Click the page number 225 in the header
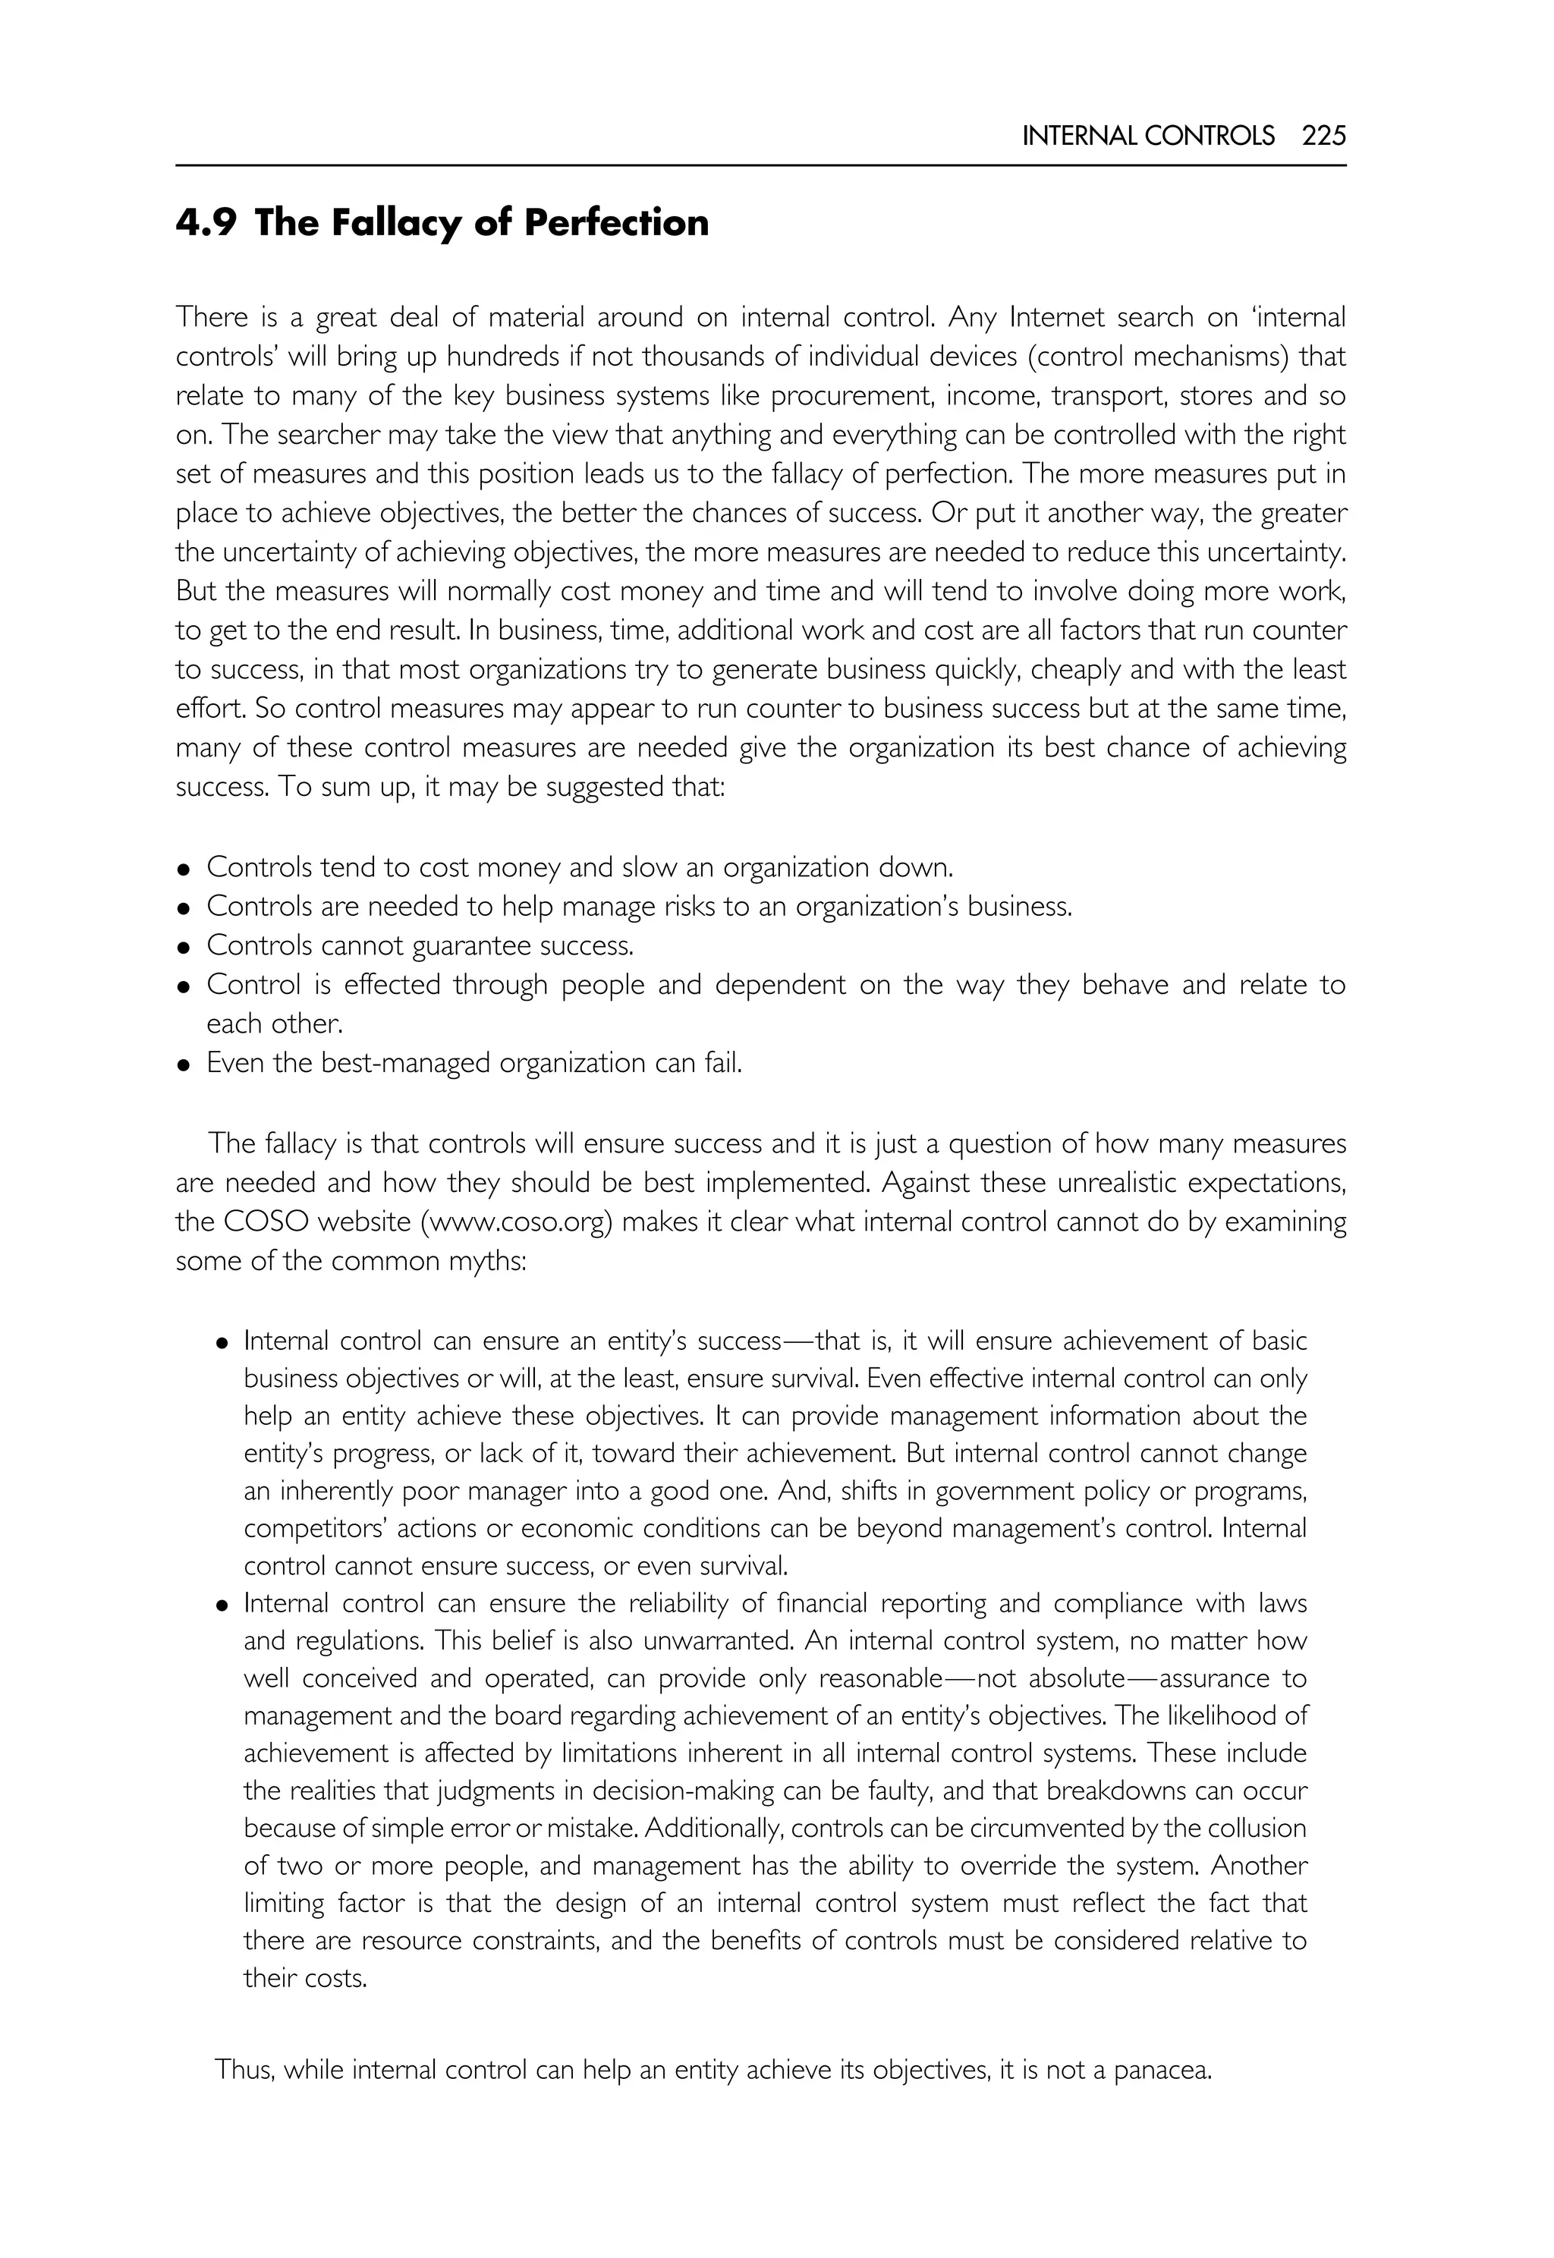click(x=1324, y=137)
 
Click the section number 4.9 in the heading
click(x=206, y=223)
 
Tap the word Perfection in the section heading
click(x=616, y=223)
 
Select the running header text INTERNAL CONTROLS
click(x=1148, y=137)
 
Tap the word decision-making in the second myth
click(x=687, y=1791)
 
